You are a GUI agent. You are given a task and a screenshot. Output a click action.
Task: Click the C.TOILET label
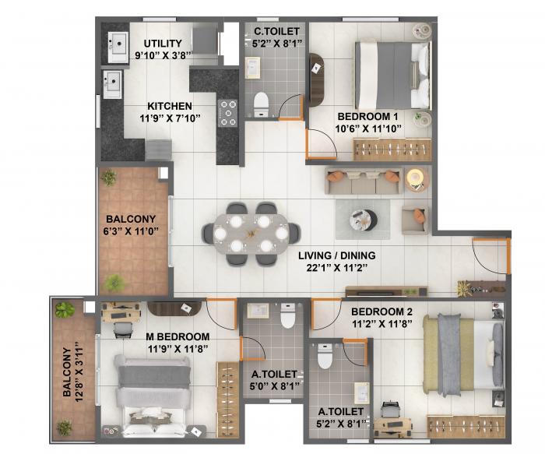point(272,32)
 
